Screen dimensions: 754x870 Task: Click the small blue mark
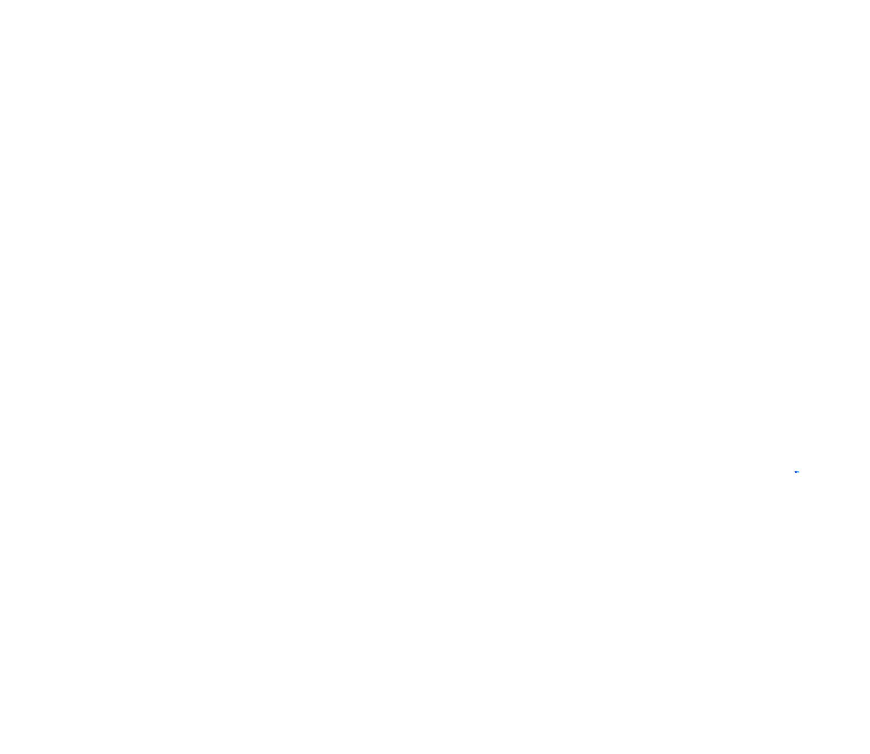[797, 472]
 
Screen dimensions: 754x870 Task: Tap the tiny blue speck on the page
[797, 472]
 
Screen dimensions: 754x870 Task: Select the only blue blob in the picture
[797, 472]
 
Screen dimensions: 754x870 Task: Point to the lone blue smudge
[797, 472]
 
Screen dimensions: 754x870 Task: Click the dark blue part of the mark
[796, 471]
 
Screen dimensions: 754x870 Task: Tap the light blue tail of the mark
[798, 472]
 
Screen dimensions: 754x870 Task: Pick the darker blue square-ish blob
[796, 471]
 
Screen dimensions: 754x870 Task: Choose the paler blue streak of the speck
[798, 472]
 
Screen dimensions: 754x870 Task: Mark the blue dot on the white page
[797, 472]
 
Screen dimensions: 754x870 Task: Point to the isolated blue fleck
[797, 472]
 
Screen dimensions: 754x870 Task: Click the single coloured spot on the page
[797, 472]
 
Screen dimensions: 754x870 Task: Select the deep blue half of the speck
[796, 471]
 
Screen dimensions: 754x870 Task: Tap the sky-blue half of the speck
[798, 472]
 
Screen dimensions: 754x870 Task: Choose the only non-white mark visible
[797, 472]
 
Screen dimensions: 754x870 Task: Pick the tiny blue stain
[797, 472]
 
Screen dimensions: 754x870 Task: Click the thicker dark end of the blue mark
[796, 471]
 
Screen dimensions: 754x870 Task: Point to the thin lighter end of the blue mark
[798, 472]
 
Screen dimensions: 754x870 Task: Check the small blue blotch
[797, 472]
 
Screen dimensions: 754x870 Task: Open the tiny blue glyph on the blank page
[797, 472]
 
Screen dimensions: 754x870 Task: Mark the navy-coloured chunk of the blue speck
[796, 471]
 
